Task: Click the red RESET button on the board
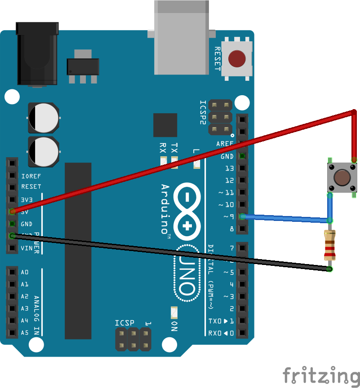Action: point(237,58)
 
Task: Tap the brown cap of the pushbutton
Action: point(342,178)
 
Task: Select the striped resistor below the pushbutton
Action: point(330,245)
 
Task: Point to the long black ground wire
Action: point(171,252)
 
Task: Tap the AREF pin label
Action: point(225,144)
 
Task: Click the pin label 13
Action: point(229,168)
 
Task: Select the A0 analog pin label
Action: point(25,272)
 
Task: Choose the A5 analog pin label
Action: point(25,333)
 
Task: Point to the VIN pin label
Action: point(27,248)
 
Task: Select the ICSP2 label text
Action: point(203,112)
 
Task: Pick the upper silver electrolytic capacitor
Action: point(43,118)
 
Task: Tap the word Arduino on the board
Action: point(165,209)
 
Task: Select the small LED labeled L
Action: point(196,164)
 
